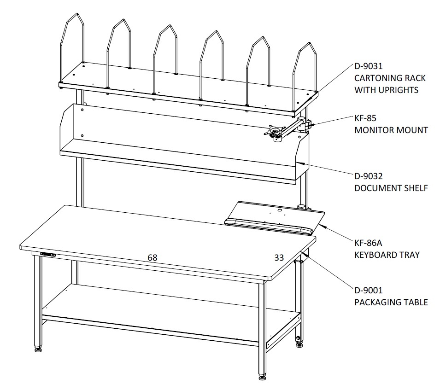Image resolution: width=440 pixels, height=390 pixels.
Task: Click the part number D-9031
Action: pyautogui.click(x=368, y=66)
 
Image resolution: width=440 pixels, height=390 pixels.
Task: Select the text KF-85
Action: pyautogui.click(x=365, y=118)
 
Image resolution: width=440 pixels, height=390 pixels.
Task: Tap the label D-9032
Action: pyautogui.click(x=368, y=176)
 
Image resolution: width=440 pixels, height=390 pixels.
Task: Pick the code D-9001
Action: pyautogui.click(x=368, y=290)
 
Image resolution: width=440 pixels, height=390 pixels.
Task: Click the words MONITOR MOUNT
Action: pyautogui.click(x=391, y=130)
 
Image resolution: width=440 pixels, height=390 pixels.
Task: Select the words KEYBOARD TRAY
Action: pyautogui.click(x=387, y=255)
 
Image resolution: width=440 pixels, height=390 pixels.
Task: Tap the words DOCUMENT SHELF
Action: pyautogui.click(x=391, y=188)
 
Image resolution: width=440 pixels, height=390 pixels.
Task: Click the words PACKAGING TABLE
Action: pyautogui.click(x=391, y=302)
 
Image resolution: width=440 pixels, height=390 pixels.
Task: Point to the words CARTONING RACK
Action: pyautogui.click(x=390, y=78)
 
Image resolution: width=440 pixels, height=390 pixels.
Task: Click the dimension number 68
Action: pyautogui.click(x=153, y=257)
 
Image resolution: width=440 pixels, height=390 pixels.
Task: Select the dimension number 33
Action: pyautogui.click(x=279, y=257)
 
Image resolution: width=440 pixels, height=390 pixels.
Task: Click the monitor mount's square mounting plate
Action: pyautogui.click(x=275, y=131)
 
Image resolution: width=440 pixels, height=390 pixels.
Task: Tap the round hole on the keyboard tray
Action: pyautogui.click(x=280, y=210)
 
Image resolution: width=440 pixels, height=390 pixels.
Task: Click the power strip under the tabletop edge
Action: pyautogui.click(x=48, y=254)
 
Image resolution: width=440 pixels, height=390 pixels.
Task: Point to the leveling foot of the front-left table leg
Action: pyautogui.click(x=38, y=349)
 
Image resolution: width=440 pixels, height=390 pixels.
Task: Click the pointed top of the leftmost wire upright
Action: pyautogui.click(x=76, y=13)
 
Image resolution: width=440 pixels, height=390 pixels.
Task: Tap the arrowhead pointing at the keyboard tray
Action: pyautogui.click(x=323, y=226)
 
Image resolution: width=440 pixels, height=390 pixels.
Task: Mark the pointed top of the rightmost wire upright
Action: pyautogui.click(x=310, y=43)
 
